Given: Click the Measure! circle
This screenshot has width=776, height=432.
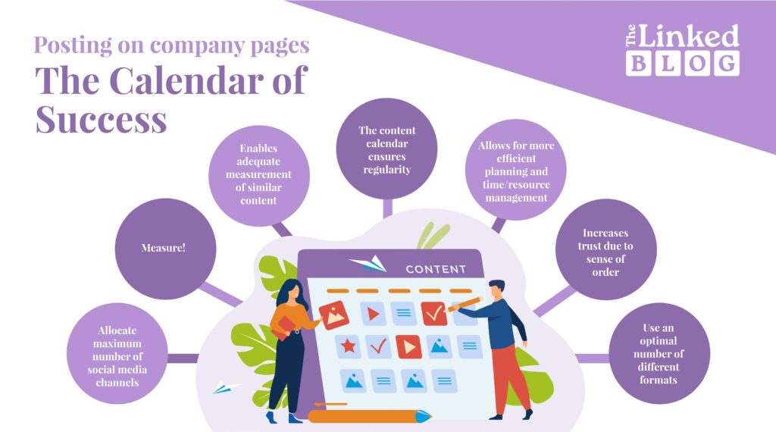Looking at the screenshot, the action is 165,249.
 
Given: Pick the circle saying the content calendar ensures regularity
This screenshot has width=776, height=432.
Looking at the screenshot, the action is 386,149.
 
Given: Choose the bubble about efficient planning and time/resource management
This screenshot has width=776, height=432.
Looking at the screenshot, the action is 515,170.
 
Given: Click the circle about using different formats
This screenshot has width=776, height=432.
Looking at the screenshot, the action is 659,353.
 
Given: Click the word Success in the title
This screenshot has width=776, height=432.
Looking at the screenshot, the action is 101,119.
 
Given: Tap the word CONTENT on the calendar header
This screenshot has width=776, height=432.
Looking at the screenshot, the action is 436,269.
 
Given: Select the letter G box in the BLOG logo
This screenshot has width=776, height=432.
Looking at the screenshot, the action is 727,64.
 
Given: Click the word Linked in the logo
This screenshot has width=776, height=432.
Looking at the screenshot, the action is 689,36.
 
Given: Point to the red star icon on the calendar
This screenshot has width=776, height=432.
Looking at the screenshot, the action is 349,346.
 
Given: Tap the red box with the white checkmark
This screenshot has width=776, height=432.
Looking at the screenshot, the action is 433,313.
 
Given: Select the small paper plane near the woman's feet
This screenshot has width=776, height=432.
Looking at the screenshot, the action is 225,387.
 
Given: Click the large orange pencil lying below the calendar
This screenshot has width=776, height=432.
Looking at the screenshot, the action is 369,416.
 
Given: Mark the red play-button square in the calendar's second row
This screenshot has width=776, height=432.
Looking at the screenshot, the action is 408,346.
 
